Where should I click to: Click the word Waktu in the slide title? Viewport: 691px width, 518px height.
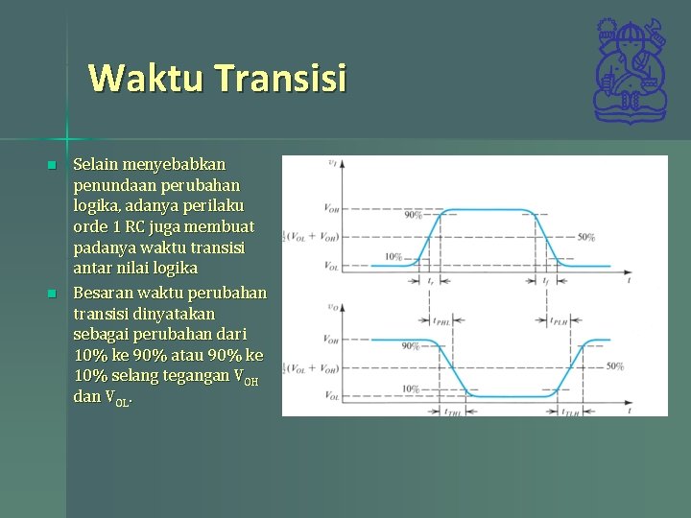coord(145,78)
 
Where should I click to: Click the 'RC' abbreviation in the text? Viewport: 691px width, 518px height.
coord(147,227)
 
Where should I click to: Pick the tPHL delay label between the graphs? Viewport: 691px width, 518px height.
coord(442,322)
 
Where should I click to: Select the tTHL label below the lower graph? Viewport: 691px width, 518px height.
coord(452,411)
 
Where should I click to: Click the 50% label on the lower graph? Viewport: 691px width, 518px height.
coord(614,366)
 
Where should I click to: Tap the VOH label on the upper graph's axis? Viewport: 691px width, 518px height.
coord(330,208)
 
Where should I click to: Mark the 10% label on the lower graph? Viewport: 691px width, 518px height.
coord(410,388)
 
